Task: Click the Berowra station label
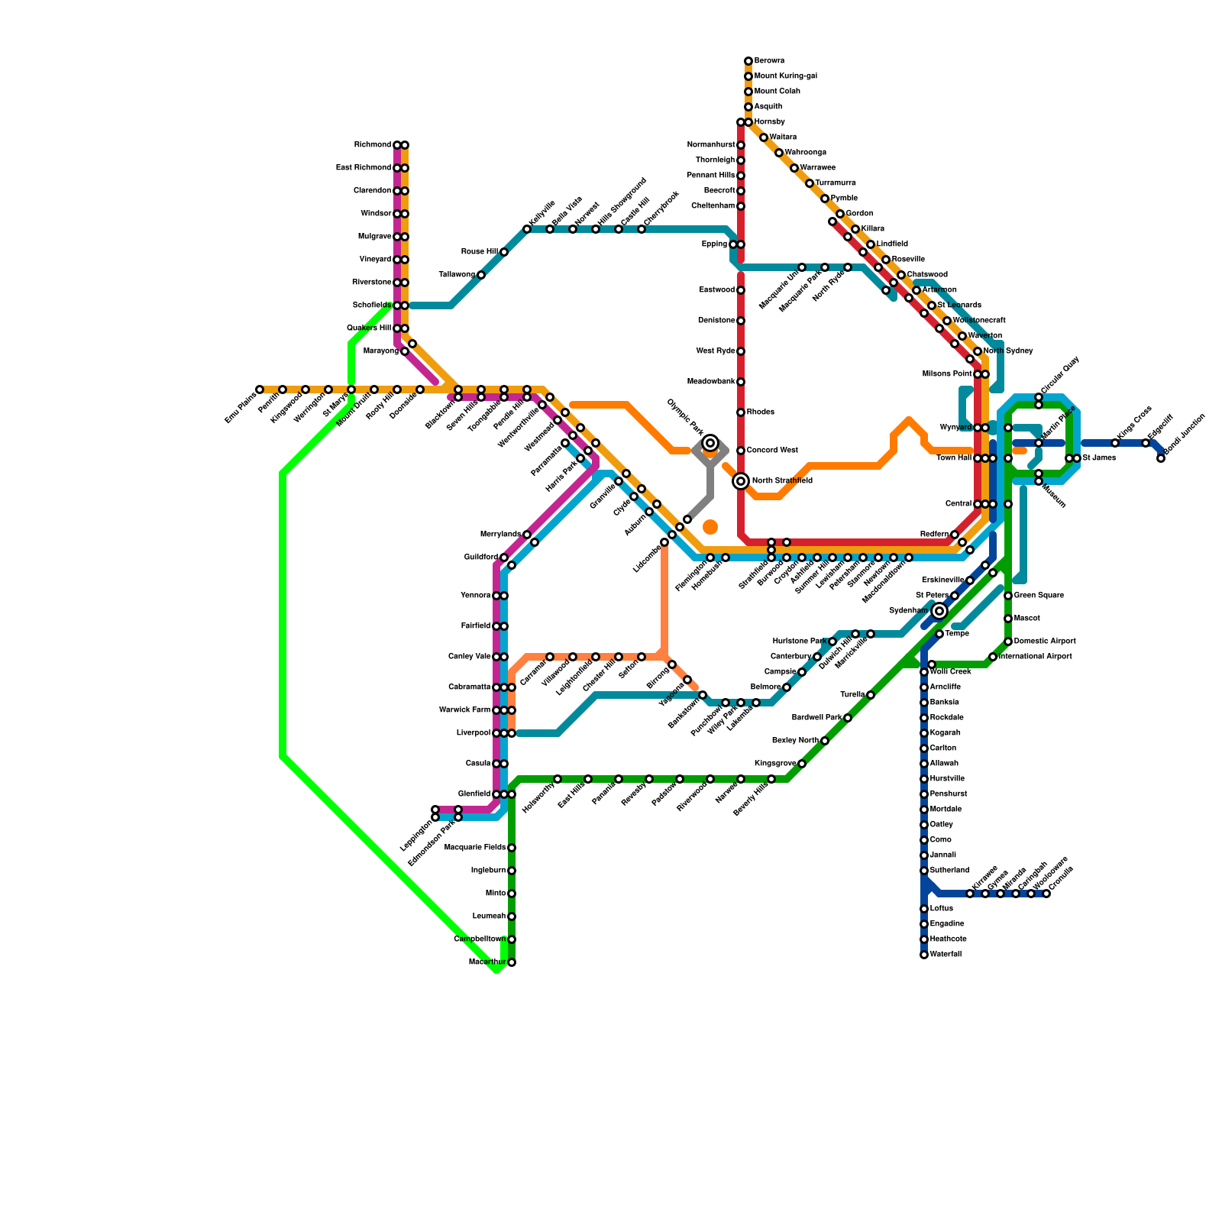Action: pos(769,61)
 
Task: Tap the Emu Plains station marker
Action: pos(260,390)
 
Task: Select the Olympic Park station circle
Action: pos(710,443)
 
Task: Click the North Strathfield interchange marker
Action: pos(741,481)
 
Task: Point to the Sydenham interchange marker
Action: pos(939,611)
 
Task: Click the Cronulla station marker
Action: pos(1046,894)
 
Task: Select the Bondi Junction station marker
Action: pos(1161,458)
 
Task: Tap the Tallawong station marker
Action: pos(481,275)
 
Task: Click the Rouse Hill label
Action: pos(479,252)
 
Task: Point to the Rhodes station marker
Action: pos(741,412)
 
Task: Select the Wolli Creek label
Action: pos(950,672)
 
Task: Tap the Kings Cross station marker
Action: pos(1115,443)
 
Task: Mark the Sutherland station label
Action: pos(949,871)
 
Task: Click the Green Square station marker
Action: pos(1008,596)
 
